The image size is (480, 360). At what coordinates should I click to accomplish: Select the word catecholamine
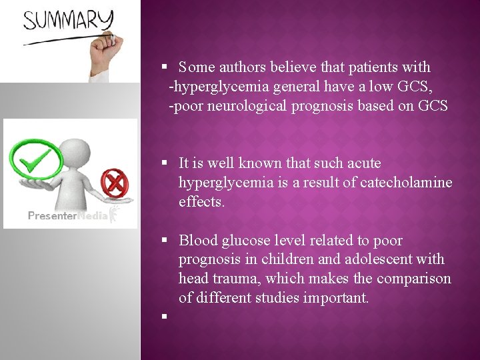(406, 182)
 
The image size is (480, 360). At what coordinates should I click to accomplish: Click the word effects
(201, 201)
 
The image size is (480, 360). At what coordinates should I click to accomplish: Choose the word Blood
(198, 241)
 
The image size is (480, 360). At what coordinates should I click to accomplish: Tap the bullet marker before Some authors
(163, 67)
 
